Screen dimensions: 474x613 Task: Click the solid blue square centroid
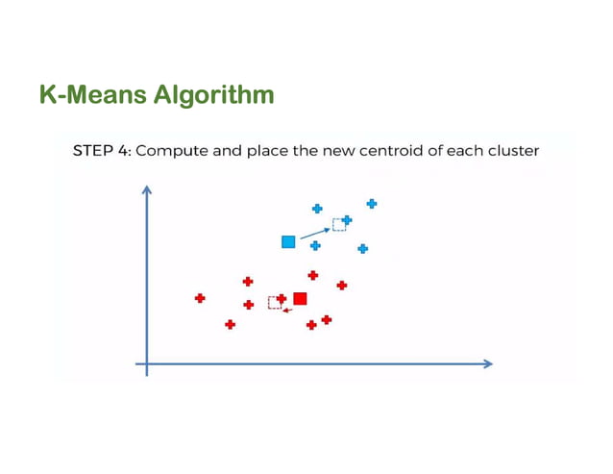click(288, 241)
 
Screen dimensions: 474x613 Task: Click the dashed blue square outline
click(338, 225)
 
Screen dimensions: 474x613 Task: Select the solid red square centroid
click(300, 299)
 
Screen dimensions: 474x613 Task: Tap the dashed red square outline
click(274, 302)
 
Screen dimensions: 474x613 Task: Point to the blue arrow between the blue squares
click(314, 233)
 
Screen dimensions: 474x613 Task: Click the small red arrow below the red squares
click(287, 312)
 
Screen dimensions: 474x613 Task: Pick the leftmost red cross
click(200, 298)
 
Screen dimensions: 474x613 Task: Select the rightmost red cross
click(342, 285)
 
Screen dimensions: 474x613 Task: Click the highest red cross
click(313, 275)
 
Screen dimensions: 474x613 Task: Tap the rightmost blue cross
click(372, 203)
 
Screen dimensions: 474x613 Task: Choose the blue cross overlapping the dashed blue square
click(347, 220)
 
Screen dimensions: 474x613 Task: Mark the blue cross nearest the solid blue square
click(315, 246)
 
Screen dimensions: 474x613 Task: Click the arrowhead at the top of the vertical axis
click(147, 189)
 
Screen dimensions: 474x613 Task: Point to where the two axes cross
click(147, 363)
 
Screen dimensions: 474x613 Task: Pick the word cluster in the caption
click(509, 151)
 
